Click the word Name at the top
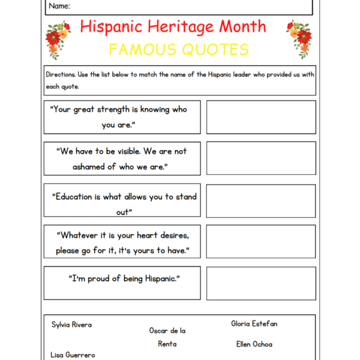click(x=59, y=6)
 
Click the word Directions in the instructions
click(x=61, y=75)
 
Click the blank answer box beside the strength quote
click(x=261, y=117)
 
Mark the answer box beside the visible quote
click(x=261, y=158)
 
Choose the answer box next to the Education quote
click(x=261, y=201)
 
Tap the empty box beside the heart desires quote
click(x=261, y=241)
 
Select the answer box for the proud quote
click(x=261, y=283)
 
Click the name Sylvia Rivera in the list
click(x=71, y=325)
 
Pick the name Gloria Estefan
click(x=254, y=323)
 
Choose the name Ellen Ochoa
click(x=254, y=344)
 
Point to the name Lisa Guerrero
click(x=73, y=355)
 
